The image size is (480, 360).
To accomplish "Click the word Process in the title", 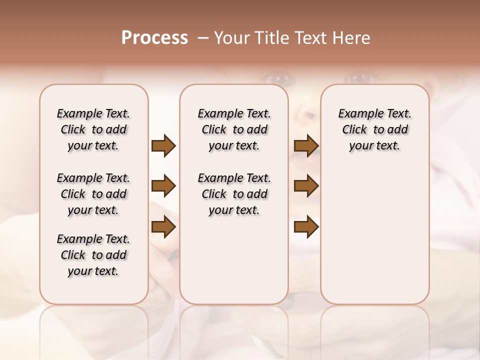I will (x=154, y=38).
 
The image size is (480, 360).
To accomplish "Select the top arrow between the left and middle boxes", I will (x=163, y=146).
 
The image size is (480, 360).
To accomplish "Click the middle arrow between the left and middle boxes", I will (x=163, y=186).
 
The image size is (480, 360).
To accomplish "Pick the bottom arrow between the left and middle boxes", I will (x=163, y=227).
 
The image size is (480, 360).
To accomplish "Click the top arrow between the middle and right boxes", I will (x=306, y=146).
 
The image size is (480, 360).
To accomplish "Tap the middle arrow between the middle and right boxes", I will (x=306, y=186).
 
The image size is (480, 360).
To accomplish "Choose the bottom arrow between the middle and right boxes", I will (x=306, y=227).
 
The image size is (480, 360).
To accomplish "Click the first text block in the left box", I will (x=93, y=129).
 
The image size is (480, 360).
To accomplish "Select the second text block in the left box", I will (x=93, y=194).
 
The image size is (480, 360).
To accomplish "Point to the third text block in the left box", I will (x=93, y=255).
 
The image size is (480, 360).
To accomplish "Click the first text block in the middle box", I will (x=234, y=129).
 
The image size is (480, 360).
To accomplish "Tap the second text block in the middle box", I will (x=234, y=194).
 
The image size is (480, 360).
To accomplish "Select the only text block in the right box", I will (x=374, y=129).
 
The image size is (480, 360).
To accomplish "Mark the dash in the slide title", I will (x=203, y=38).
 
